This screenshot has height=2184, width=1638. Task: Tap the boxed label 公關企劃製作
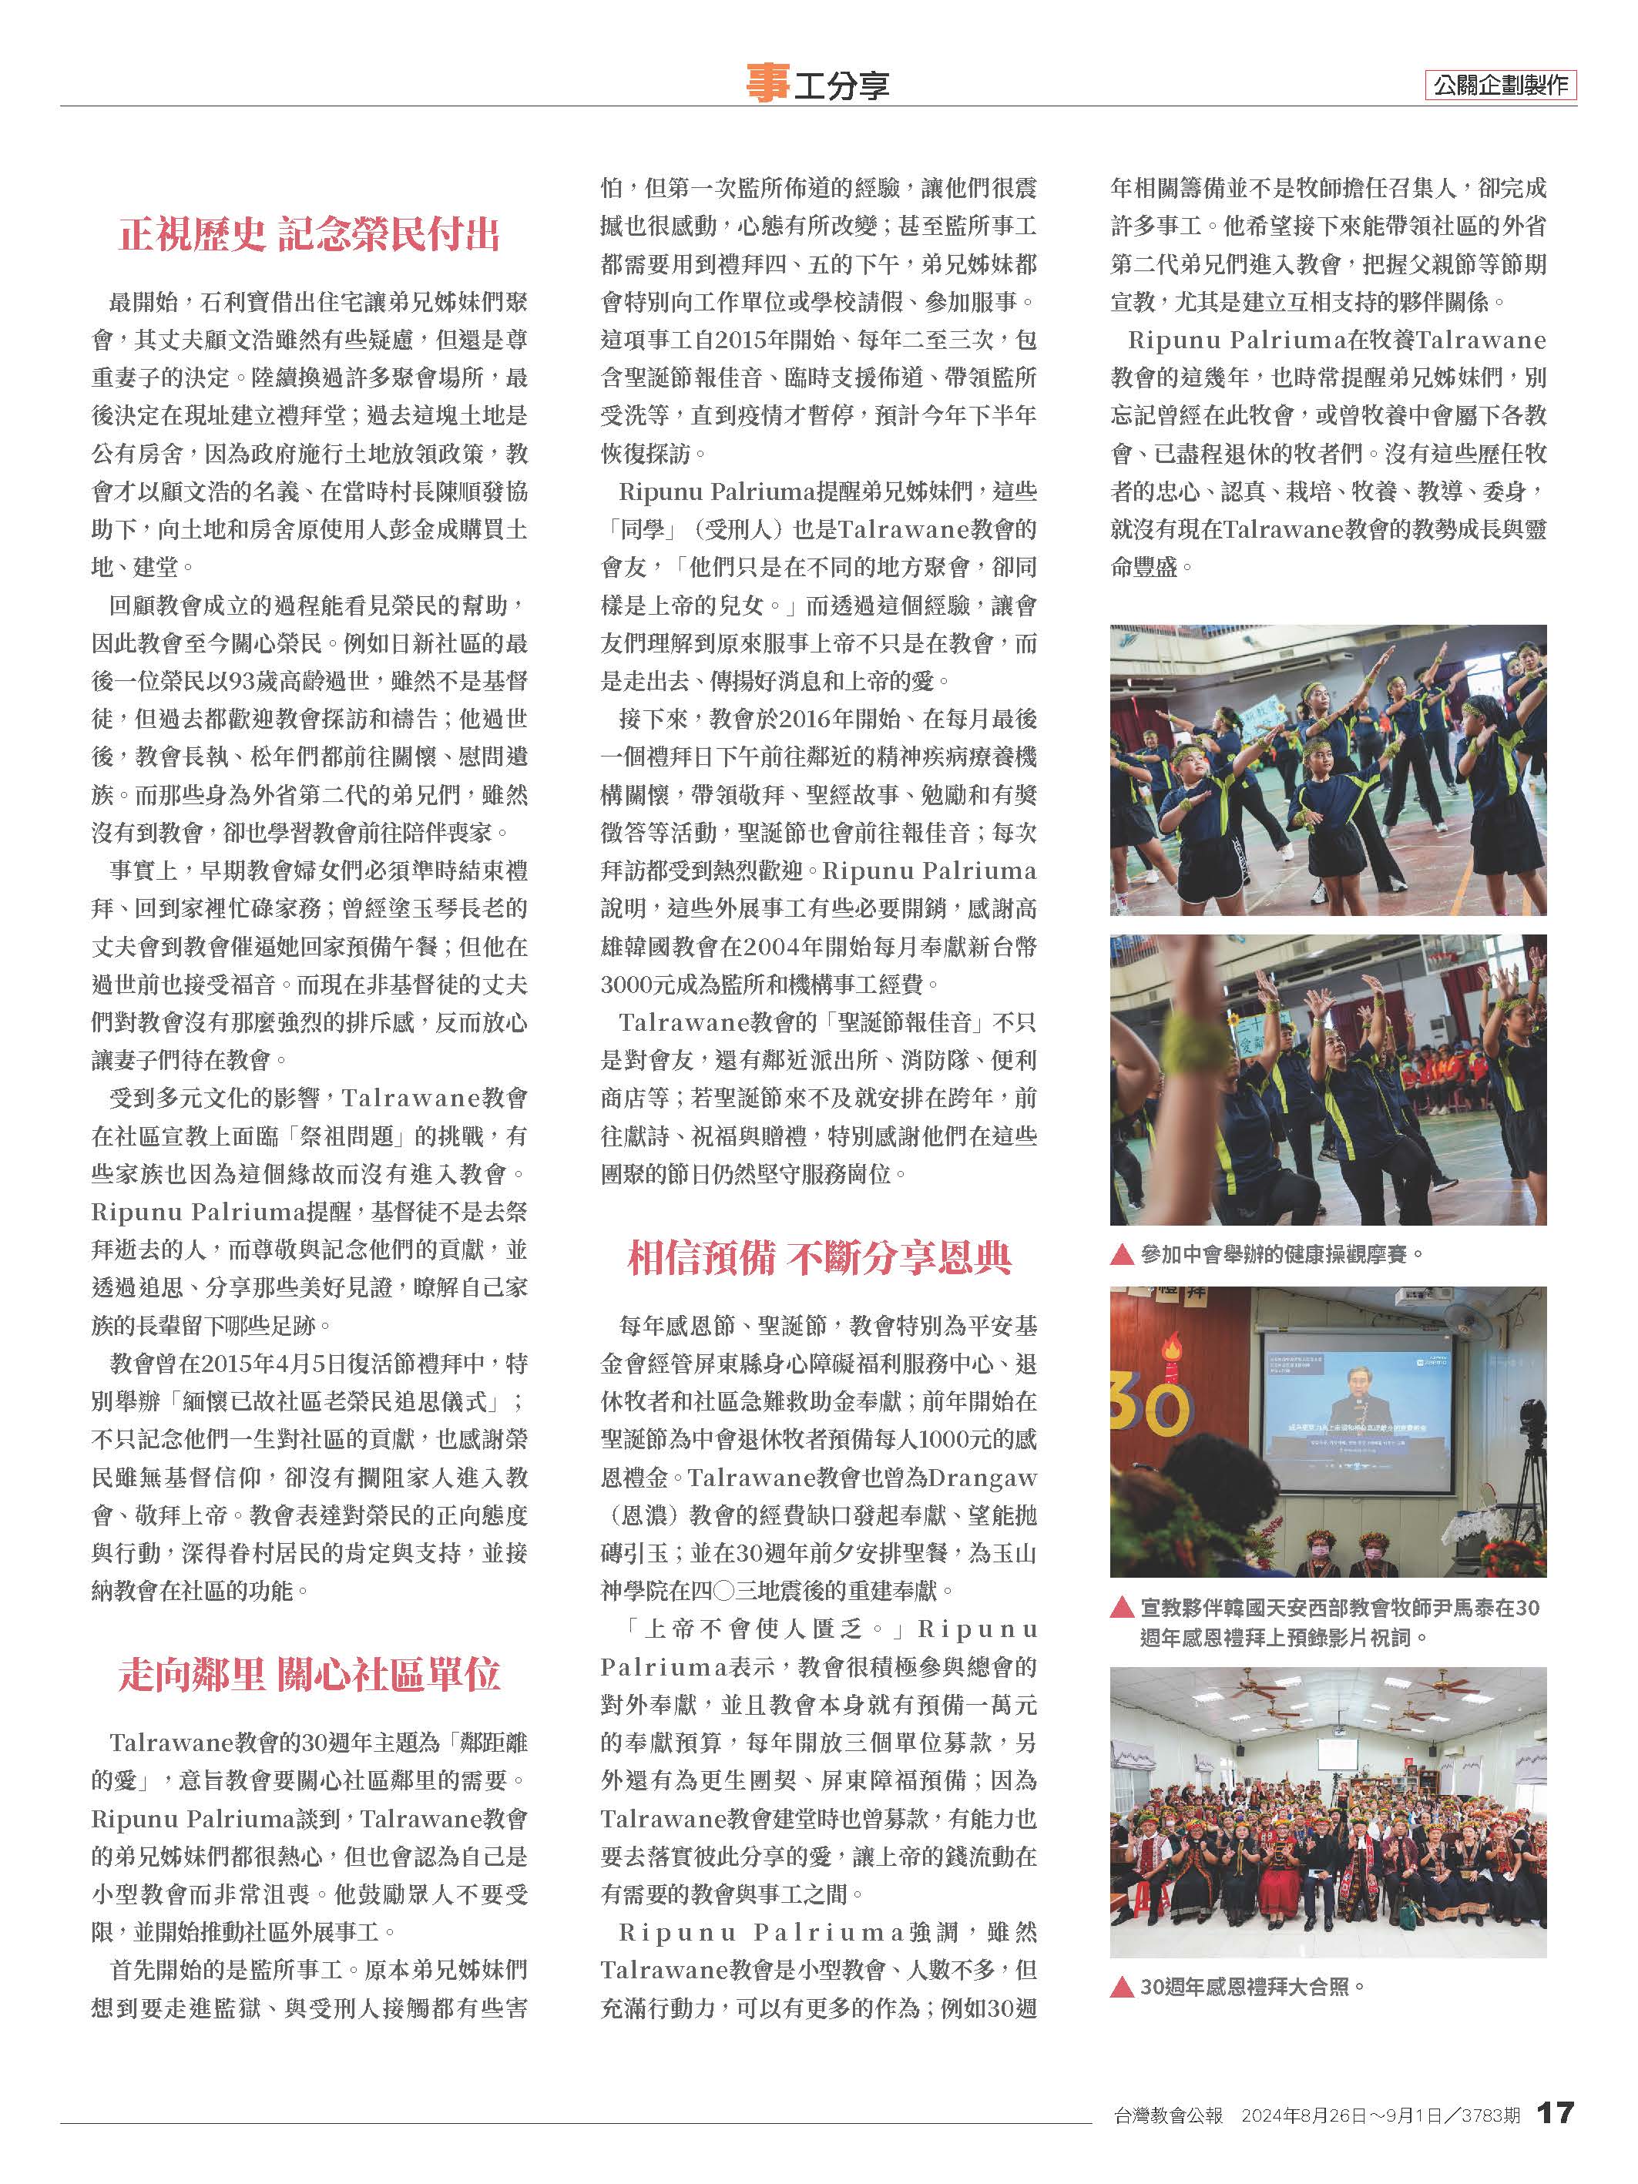1501,85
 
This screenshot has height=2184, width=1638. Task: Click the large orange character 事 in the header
767,83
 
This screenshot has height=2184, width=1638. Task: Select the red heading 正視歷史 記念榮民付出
309,235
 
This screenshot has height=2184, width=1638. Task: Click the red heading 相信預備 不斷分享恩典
820,1258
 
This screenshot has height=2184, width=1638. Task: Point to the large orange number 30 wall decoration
1147,1407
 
